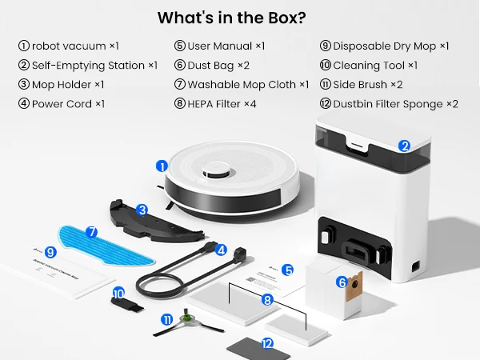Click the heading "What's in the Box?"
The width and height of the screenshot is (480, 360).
[x=239, y=17]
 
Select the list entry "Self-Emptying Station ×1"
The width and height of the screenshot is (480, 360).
[x=87, y=66]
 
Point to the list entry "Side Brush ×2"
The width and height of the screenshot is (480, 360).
[x=367, y=85]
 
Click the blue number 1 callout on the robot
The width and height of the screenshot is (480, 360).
[x=162, y=166]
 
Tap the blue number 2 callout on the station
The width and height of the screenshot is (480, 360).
[x=405, y=146]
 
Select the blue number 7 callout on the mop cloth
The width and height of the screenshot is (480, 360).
[x=91, y=232]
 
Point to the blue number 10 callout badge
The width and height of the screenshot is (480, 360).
[x=118, y=293]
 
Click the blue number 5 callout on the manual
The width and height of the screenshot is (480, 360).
[x=288, y=271]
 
